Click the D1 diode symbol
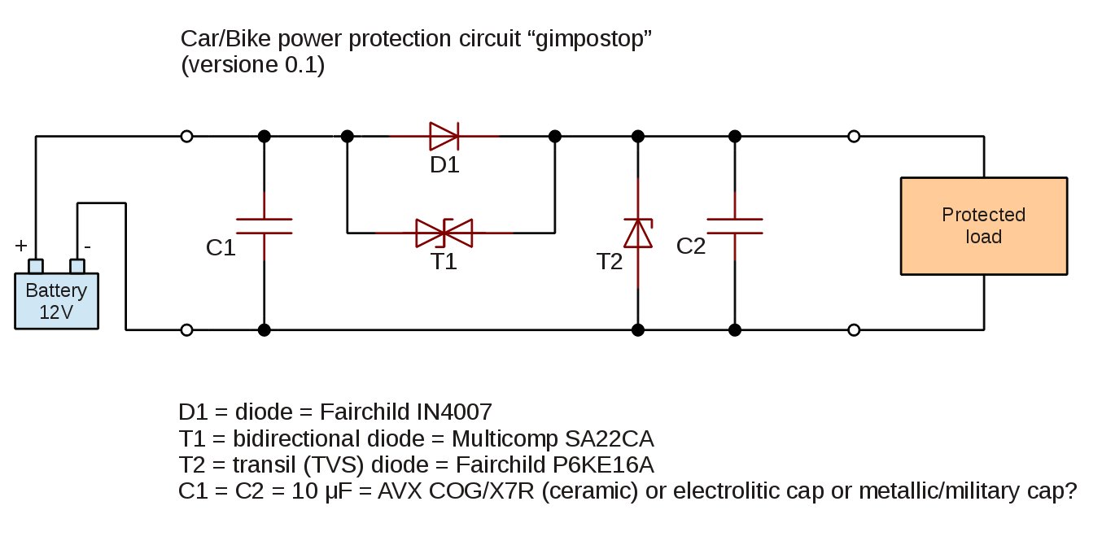coord(444,136)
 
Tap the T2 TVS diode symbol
coord(638,233)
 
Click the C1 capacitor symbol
coord(264,226)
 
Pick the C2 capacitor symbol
coord(735,226)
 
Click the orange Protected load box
coord(983,226)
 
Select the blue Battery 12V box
coord(56,301)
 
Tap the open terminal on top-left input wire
coord(186,136)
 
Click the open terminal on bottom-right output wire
coord(854,330)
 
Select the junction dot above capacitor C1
coord(264,136)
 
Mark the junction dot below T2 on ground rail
coord(638,330)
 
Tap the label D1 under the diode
coord(444,166)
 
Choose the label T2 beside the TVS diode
coord(609,261)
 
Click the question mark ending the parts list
coord(1071,492)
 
